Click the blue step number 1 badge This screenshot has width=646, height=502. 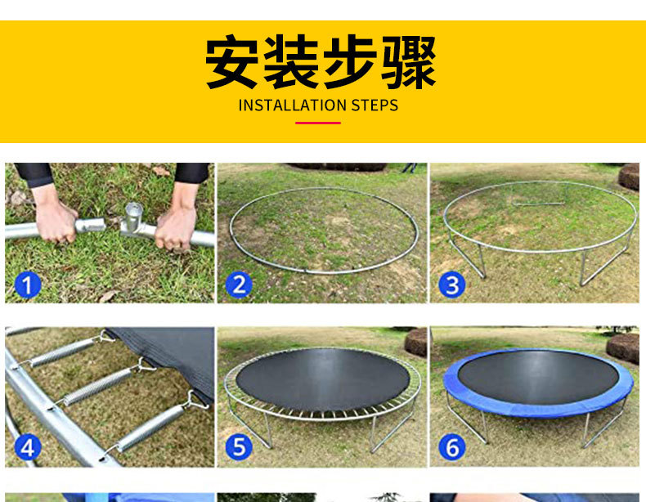tap(28, 285)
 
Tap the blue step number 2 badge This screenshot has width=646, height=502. tap(240, 285)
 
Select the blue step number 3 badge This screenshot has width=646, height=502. tap(452, 285)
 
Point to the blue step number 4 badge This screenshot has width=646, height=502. tap(28, 447)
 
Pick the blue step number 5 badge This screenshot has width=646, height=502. tap(240, 447)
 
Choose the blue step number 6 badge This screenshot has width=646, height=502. tap(452, 447)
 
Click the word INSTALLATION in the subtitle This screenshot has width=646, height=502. tap(293, 105)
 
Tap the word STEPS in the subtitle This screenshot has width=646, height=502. tap(375, 105)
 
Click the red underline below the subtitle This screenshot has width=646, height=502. tap(318, 123)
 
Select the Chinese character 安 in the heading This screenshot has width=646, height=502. tap(233, 62)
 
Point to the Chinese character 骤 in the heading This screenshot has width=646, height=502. tap(408, 62)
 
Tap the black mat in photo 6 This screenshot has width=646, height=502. tap(538, 377)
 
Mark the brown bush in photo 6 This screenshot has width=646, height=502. tap(622, 348)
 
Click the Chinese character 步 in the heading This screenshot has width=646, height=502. tap(350, 62)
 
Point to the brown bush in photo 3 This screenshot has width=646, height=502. tap(629, 177)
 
